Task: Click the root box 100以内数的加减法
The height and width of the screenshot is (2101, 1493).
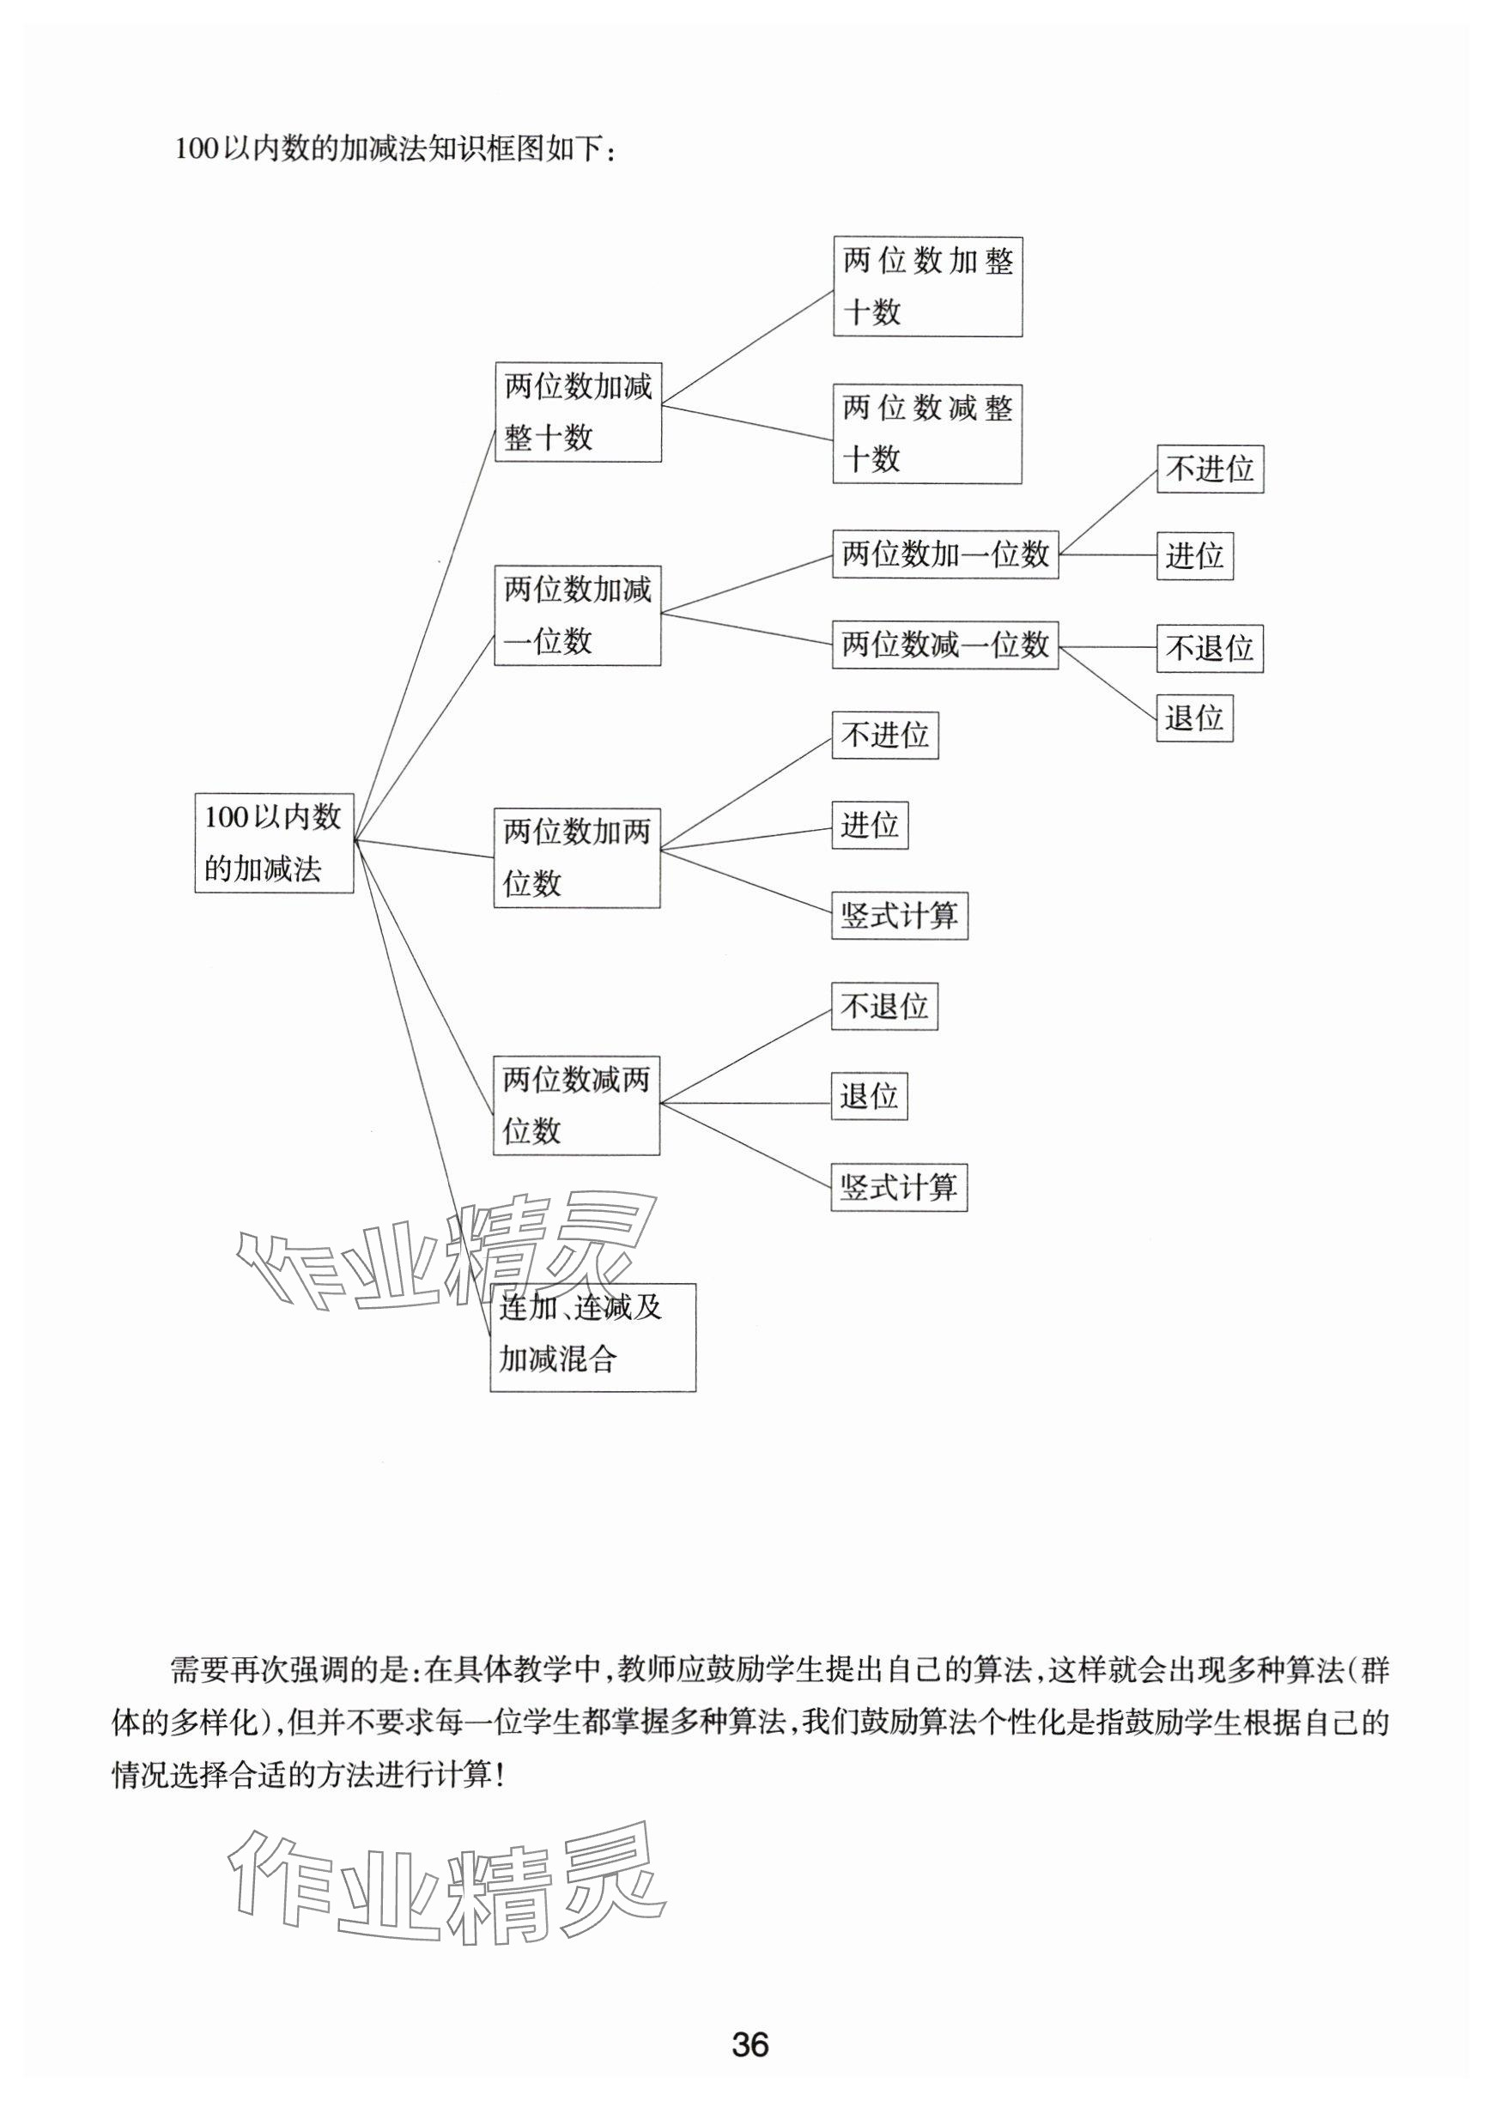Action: click(x=274, y=842)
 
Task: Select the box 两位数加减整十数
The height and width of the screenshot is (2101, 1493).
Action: click(x=579, y=412)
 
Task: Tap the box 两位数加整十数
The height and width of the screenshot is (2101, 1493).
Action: click(x=927, y=287)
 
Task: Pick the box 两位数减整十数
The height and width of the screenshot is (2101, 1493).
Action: click(x=926, y=433)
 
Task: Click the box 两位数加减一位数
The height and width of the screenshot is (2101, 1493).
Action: click(x=577, y=615)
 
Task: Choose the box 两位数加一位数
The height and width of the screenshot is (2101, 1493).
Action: click(x=945, y=554)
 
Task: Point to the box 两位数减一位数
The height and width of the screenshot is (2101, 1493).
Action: click(x=945, y=645)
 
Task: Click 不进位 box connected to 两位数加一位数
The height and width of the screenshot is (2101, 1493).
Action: click(x=1210, y=469)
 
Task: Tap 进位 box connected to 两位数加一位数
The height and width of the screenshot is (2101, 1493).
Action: click(x=1194, y=556)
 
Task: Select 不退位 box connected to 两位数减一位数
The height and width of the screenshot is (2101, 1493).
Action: click(x=1210, y=649)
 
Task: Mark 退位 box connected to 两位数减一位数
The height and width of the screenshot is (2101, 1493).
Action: click(x=1194, y=717)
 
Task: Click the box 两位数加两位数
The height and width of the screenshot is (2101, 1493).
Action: click(x=576, y=857)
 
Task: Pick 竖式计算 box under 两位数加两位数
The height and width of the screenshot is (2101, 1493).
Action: click(x=899, y=916)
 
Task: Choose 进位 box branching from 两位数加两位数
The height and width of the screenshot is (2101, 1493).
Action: click(x=870, y=826)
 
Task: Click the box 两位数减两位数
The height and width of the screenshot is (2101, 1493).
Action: click(x=576, y=1105)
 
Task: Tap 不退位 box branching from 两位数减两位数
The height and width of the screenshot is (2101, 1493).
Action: click(x=884, y=1007)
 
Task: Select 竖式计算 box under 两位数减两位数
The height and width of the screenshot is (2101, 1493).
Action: click(x=899, y=1188)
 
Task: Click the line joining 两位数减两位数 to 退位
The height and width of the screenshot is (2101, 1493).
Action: click(x=744, y=1103)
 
